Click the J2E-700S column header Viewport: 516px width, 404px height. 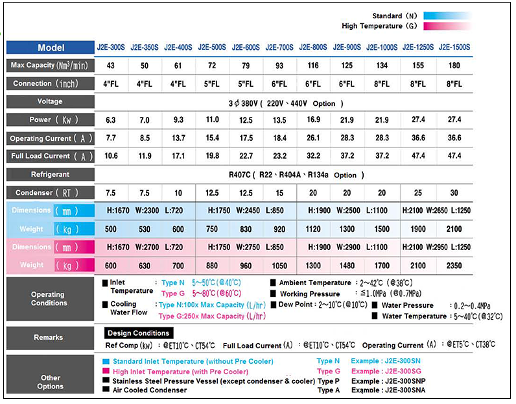(279, 47)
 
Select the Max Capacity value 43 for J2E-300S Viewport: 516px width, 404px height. (111, 66)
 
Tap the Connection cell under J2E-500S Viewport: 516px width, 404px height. (212, 84)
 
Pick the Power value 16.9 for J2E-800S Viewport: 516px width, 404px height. (313, 120)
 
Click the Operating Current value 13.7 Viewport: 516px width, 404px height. (178, 138)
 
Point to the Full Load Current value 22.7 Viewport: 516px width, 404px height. (246, 156)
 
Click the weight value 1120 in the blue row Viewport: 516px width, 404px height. (313, 229)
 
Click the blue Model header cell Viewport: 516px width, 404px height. (51, 47)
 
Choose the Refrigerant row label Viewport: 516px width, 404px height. (50, 175)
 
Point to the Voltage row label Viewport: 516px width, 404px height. (50, 102)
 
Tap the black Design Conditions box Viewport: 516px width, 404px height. (138, 333)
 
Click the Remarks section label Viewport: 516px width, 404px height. (49, 338)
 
